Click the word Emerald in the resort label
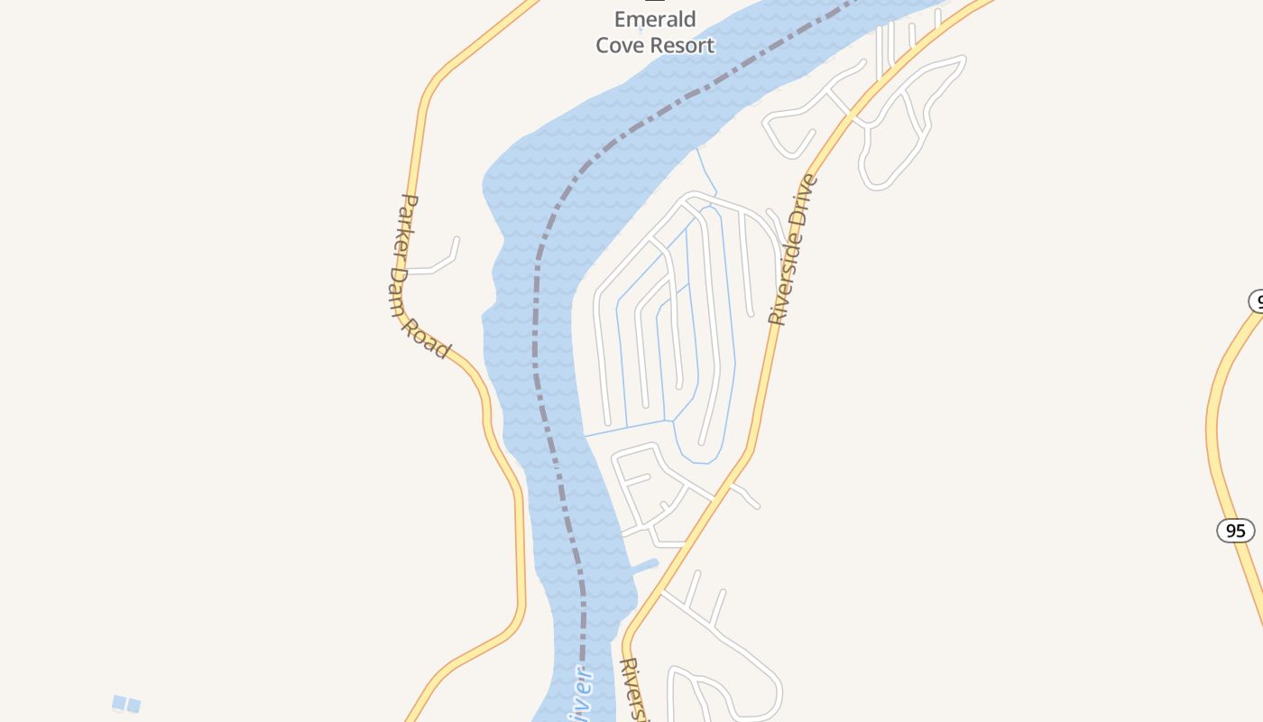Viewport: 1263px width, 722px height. (x=655, y=20)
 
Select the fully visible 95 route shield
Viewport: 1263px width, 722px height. (x=1235, y=530)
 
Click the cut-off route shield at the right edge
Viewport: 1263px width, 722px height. (x=1257, y=301)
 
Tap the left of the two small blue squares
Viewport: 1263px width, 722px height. (x=118, y=702)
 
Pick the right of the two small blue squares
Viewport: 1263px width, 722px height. (x=134, y=705)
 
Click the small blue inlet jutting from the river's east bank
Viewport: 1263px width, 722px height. (x=646, y=566)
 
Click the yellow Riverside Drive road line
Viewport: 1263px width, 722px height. (x=767, y=379)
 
